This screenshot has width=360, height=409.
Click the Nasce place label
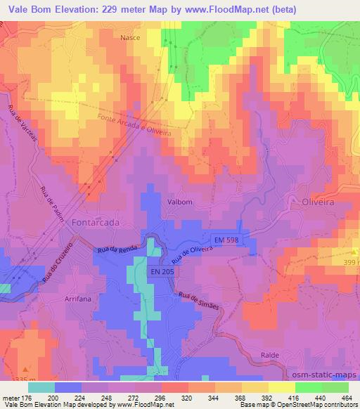(x=130, y=37)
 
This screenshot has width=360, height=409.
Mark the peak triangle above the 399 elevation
(x=354, y=251)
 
